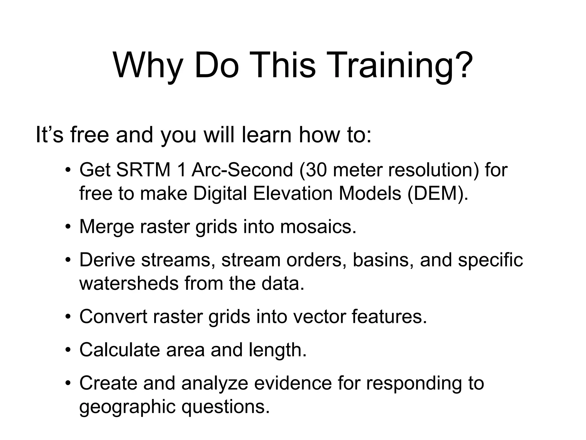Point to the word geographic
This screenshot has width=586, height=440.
127,407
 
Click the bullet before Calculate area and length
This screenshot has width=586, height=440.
68,350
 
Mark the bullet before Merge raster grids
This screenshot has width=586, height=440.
68,227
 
